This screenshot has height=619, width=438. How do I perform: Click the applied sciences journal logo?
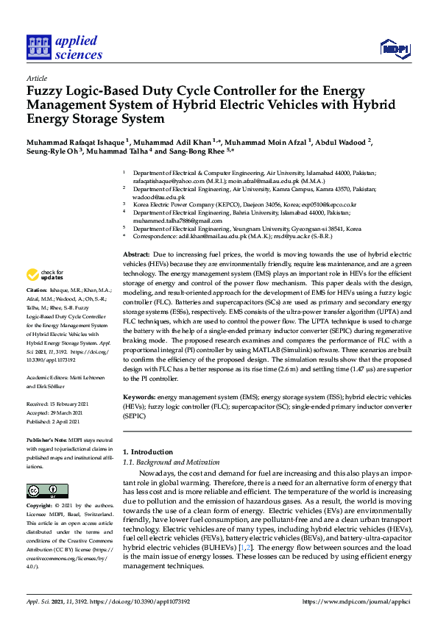point(64,47)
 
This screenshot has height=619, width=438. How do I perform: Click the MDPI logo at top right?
point(394,49)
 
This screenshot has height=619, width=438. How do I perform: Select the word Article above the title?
point(36,78)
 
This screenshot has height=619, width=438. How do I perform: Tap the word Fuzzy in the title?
point(46,91)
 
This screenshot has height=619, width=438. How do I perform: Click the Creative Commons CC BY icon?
point(43,490)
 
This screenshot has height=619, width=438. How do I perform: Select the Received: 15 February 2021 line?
point(57,404)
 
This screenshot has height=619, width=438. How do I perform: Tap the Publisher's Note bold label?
point(46,439)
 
